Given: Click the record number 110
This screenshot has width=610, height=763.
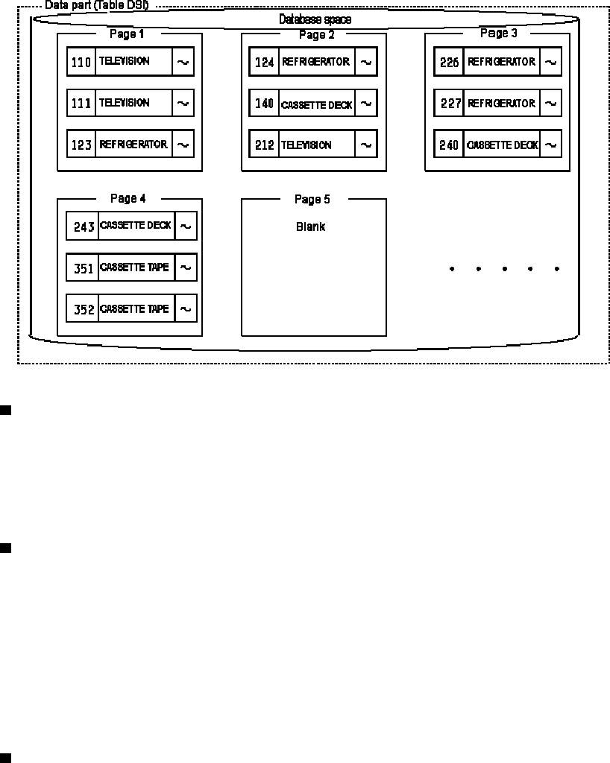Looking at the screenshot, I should tap(81, 63).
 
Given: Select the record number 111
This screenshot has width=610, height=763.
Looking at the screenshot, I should tap(81, 104).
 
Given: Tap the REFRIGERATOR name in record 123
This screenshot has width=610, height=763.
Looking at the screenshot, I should tap(133, 145).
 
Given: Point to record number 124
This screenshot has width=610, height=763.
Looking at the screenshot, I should tap(264, 63).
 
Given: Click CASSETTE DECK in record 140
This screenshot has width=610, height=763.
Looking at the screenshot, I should tap(316, 105).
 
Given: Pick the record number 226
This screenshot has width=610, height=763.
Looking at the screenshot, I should tap(449, 63).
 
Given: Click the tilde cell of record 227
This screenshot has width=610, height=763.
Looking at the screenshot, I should tap(550, 104).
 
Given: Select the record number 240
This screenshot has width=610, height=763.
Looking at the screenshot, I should tap(449, 145).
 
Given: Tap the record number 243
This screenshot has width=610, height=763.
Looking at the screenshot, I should tap(84, 227).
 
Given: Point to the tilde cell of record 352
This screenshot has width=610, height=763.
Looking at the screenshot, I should tap(186, 308).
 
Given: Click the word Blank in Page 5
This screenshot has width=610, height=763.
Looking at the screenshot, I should tap(310, 227).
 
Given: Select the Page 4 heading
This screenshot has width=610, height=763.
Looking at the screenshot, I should tap(128, 198).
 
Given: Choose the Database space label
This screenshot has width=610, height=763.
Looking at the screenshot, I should tap(315, 19).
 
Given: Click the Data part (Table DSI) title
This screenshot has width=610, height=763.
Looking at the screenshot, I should tap(96, 5).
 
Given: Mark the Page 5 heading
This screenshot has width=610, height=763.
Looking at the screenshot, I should tap(312, 199).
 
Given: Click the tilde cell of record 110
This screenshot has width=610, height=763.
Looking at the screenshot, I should tap(183, 63).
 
